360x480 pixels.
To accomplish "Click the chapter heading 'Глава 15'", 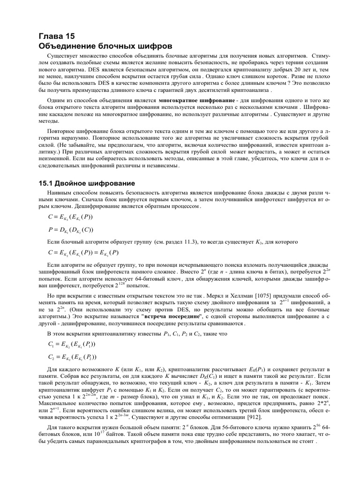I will [56, 37].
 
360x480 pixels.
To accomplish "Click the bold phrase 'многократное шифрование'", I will [196, 101].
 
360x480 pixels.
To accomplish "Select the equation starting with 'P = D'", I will [71, 230].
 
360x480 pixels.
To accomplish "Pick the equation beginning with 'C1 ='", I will [72, 345].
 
